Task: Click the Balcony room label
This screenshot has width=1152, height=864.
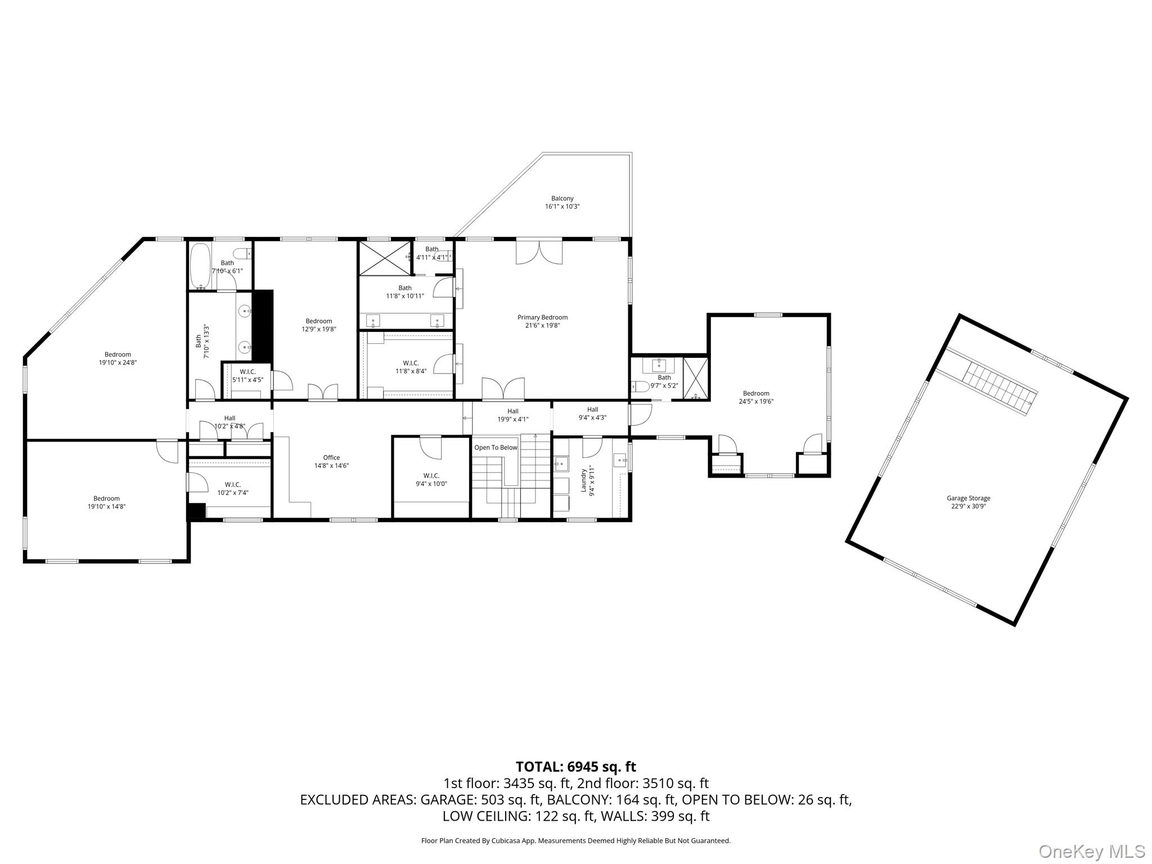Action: click(x=562, y=202)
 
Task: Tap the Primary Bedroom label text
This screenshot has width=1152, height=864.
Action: click(x=542, y=321)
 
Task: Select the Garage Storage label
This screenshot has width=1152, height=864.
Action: click(x=968, y=502)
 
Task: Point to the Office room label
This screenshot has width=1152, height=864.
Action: click(x=331, y=461)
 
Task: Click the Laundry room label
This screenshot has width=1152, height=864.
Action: click(x=587, y=481)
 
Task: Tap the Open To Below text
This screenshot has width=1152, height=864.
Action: click(x=496, y=448)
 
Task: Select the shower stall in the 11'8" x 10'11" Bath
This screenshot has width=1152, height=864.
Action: click(x=385, y=258)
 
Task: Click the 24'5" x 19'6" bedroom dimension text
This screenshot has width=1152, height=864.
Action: click(x=756, y=402)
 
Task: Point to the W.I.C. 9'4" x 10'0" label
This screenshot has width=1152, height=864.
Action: click(x=431, y=479)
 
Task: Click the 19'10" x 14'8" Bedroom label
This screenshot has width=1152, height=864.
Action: click(x=106, y=502)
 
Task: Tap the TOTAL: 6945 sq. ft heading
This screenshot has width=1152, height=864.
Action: click(x=575, y=767)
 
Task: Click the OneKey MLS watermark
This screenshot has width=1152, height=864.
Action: click(x=1091, y=852)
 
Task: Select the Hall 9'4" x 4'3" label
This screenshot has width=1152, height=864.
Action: click(x=592, y=413)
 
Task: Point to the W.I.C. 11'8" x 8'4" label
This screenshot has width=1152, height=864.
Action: click(x=411, y=367)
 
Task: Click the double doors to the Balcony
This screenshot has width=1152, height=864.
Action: click(x=539, y=251)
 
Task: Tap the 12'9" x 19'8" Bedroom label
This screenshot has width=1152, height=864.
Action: click(x=318, y=325)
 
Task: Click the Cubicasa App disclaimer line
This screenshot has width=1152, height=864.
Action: click(x=575, y=841)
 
